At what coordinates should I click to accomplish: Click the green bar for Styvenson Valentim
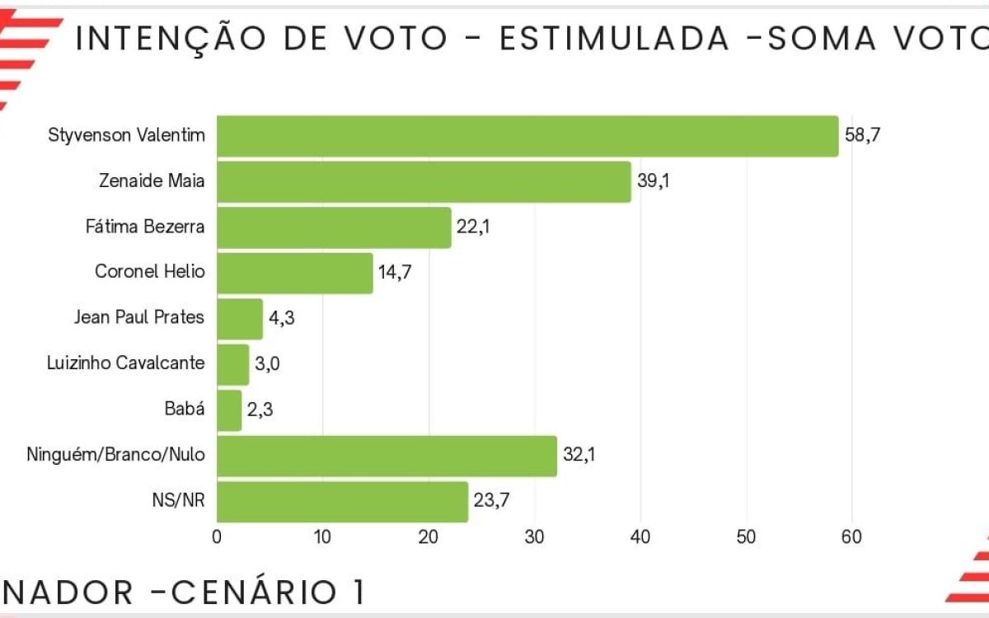click(527, 136)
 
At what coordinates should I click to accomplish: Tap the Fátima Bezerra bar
click(334, 227)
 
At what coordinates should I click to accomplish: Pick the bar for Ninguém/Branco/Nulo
click(387, 456)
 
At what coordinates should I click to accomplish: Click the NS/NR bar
click(342, 502)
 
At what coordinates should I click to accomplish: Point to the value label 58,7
click(864, 135)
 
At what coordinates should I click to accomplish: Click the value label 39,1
click(654, 181)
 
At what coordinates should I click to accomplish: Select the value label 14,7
click(395, 273)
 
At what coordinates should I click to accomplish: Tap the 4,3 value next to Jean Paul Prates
click(282, 319)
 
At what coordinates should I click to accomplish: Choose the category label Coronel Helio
click(149, 271)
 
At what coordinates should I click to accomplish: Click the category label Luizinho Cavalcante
click(126, 363)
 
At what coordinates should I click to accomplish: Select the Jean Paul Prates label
click(138, 317)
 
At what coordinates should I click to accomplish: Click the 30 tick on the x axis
click(534, 537)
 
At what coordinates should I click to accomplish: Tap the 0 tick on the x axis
click(217, 537)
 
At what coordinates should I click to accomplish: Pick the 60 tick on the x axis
click(851, 537)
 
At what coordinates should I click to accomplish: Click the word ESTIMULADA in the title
click(614, 39)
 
